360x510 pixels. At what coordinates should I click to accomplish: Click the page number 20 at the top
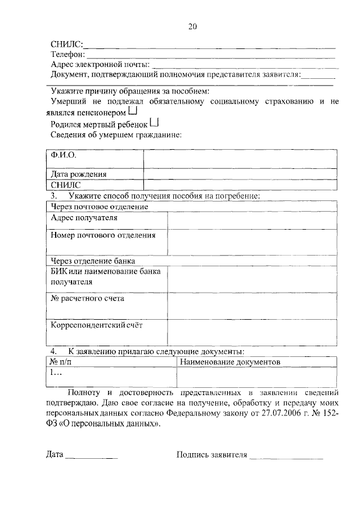[x=192, y=26]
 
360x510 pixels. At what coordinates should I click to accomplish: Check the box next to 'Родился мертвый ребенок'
[x=155, y=123]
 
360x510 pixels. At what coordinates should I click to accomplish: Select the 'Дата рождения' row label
[x=79, y=174]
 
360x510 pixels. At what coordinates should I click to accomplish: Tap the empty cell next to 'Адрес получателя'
[x=252, y=220]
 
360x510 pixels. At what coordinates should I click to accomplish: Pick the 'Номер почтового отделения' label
[x=102, y=235]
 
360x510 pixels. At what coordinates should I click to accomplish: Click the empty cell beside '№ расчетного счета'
[x=252, y=306]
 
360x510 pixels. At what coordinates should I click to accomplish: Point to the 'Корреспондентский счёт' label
[x=101, y=325]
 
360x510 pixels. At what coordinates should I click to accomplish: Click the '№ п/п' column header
[x=62, y=362]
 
